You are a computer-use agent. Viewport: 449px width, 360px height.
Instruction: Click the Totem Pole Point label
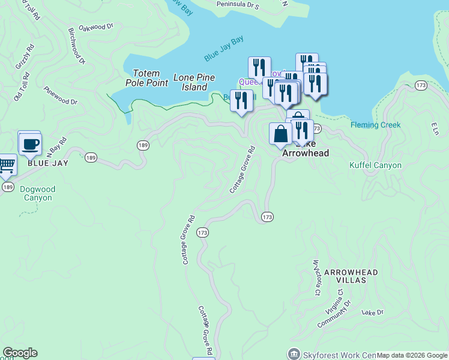point(146,78)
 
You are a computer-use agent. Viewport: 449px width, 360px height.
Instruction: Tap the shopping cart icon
point(7,164)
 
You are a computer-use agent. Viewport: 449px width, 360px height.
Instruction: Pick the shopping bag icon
point(280,134)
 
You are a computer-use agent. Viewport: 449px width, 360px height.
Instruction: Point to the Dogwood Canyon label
point(37,193)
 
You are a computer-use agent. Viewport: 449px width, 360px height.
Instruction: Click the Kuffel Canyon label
point(375,165)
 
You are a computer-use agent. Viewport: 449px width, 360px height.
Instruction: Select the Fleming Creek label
point(375,125)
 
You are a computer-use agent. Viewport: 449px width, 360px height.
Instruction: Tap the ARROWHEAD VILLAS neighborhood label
point(351,276)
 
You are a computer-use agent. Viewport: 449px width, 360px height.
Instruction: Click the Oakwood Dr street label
point(96,27)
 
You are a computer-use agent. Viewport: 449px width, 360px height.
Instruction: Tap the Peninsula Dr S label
point(238,6)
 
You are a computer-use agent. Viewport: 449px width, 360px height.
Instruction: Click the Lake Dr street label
point(372,313)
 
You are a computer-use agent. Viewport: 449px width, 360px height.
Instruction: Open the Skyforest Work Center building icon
point(294,353)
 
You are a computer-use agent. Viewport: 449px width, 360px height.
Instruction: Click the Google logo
point(20,353)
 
